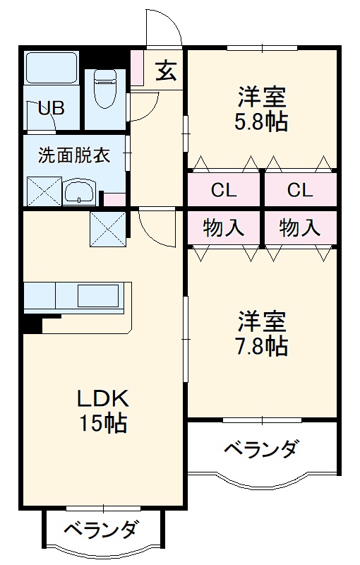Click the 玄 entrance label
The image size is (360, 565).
[x=167, y=72]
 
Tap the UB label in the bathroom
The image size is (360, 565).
[x=51, y=108]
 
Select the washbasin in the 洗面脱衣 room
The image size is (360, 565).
[x=79, y=191]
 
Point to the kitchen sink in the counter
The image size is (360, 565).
[x=99, y=295]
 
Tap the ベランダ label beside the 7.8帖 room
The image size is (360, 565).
[x=260, y=449]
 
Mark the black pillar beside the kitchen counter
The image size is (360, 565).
[x=31, y=323]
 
